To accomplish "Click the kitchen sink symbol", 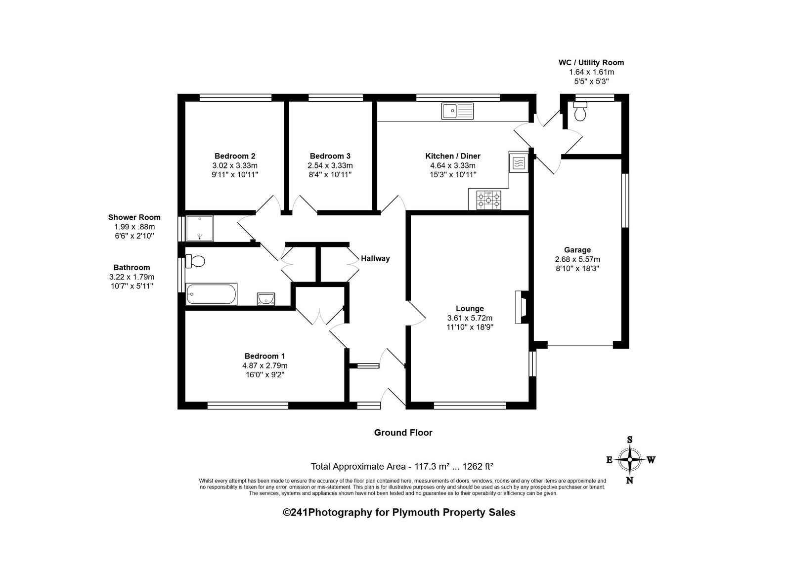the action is (457, 111).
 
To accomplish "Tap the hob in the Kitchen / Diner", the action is (489, 200).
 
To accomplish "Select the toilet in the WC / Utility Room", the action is (580, 111).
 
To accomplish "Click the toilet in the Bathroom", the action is (195, 261).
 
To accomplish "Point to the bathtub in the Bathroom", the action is (212, 294).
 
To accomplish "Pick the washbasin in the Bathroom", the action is (266, 298).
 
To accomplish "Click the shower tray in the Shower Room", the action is (200, 228).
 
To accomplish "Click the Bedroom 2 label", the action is (235, 156).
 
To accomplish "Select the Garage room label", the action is (577, 250).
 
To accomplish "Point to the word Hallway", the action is (375, 258).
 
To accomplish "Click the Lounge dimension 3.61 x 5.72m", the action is (470, 318).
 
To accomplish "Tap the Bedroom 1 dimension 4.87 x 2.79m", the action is (265, 365).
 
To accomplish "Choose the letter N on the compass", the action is (629, 480).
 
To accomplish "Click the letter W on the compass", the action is (651, 460).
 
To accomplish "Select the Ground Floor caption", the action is (403, 433).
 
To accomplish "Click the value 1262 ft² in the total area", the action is (478, 466).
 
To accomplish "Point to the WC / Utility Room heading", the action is (591, 62).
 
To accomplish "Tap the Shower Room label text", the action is (134, 217).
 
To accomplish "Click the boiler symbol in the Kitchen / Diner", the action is (519, 162).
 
